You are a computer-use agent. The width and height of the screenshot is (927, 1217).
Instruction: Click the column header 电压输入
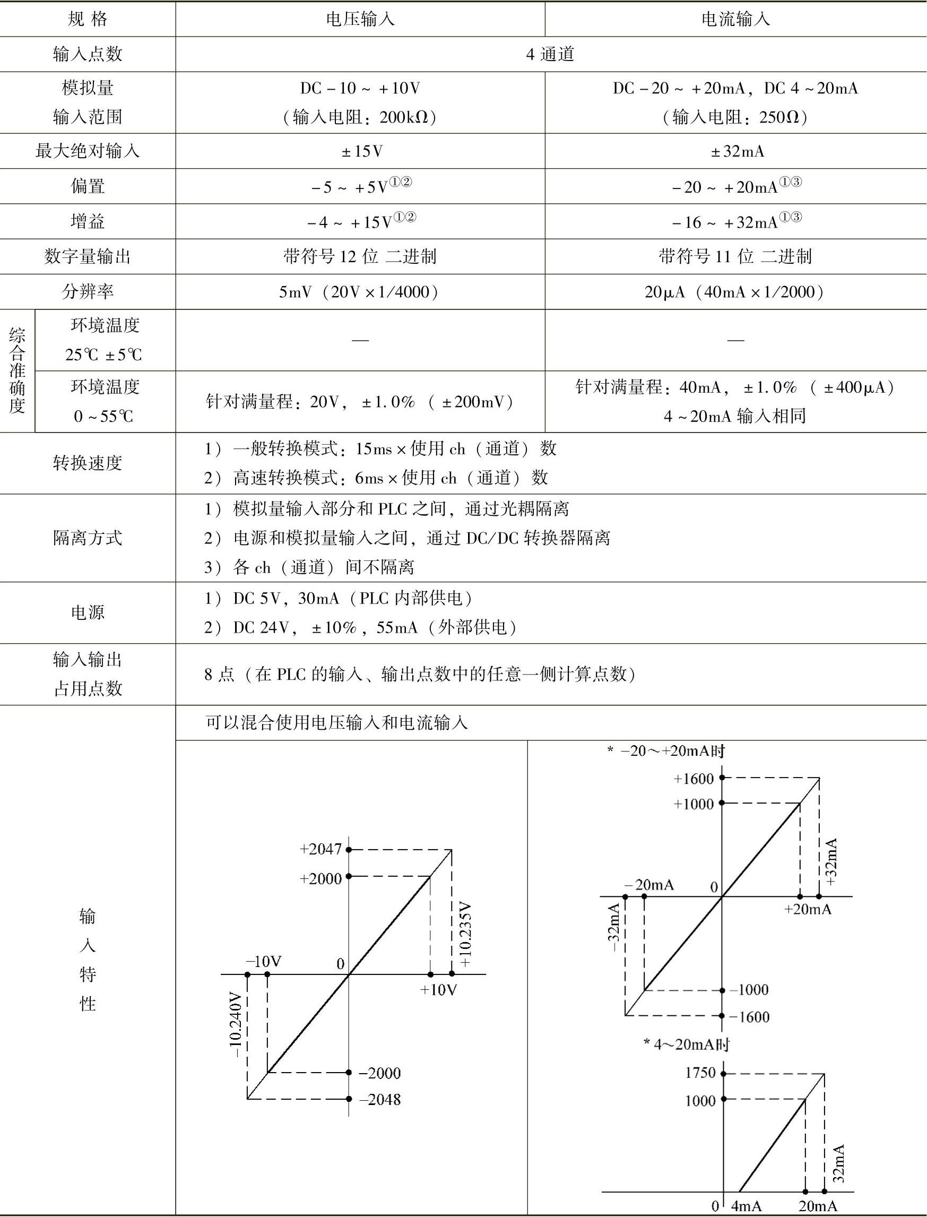tap(360, 19)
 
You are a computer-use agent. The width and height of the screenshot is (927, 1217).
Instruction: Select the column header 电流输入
tap(735, 19)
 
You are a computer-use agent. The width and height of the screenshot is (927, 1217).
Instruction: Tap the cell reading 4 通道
tap(550, 54)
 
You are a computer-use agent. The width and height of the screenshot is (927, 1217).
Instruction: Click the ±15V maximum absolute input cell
tap(361, 151)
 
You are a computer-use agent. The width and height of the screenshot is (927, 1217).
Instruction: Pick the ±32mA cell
tap(737, 151)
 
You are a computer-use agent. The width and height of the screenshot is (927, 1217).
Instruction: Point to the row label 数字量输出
tap(87, 257)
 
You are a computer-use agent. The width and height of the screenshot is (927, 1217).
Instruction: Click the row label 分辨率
tap(87, 291)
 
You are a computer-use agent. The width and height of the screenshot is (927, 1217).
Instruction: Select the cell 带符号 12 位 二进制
tap(360, 257)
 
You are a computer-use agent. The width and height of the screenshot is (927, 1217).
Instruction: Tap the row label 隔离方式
tap(87, 538)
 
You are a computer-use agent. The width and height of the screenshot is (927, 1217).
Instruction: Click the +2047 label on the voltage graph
tap(320, 849)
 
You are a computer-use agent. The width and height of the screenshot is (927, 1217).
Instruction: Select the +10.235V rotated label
tap(465, 935)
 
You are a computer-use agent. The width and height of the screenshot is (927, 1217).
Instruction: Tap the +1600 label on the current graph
tap(694, 779)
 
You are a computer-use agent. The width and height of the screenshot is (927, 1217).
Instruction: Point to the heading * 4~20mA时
tap(687, 1045)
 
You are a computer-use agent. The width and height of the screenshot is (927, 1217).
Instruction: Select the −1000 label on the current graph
tap(749, 990)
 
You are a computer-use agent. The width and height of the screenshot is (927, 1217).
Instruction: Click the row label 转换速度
tap(87, 462)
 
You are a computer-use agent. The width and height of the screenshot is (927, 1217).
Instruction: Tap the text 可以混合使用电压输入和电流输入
tap(336, 722)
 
